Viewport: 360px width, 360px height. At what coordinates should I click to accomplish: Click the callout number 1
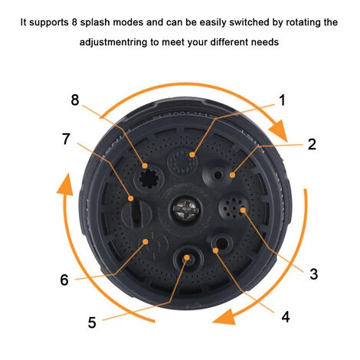point(282,100)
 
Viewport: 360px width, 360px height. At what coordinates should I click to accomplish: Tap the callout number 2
point(312,144)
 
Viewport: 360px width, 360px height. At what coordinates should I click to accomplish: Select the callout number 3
point(314,274)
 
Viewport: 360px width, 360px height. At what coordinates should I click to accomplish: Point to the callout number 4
point(286,317)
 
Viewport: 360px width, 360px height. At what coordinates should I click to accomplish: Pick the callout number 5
point(92,322)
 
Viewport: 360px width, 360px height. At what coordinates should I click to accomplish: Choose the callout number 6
point(64,280)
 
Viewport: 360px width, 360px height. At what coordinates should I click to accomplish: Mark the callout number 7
point(66,139)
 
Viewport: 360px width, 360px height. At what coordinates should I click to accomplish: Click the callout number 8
point(75,100)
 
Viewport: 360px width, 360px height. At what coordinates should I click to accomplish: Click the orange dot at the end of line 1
point(192,155)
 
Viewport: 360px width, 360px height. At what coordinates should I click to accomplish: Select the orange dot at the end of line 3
point(243,210)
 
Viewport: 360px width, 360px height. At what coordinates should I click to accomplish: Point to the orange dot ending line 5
point(187,257)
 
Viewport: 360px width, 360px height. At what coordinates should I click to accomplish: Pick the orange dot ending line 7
point(131,198)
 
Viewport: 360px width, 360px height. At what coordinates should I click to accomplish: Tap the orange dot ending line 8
point(145,165)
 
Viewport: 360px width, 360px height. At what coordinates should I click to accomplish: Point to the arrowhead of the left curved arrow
point(64,185)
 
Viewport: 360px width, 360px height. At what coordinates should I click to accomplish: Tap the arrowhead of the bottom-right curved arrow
point(224,316)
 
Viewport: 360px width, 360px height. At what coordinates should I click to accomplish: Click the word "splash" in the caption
point(94,22)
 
